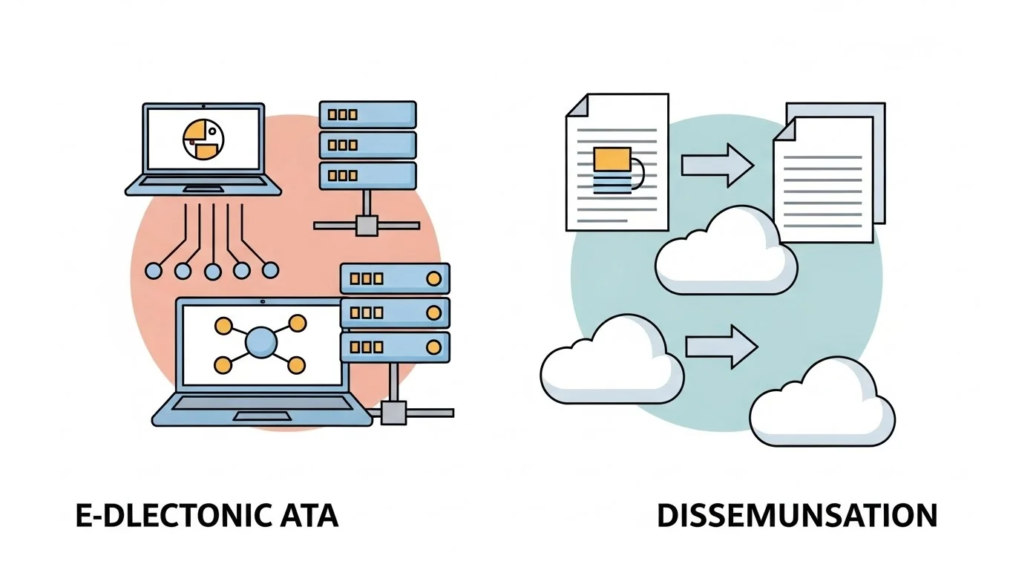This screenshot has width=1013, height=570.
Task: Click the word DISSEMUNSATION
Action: pyautogui.click(x=797, y=516)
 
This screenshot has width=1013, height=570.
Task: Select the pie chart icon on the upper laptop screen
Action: pyautogui.click(x=203, y=139)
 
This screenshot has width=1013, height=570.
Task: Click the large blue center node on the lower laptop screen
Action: pyautogui.click(x=260, y=343)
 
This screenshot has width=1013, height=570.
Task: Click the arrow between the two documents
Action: pyautogui.click(x=717, y=165)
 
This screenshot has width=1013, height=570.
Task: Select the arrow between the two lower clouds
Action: pyautogui.click(x=721, y=346)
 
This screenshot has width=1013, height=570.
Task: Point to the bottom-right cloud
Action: pyautogui.click(x=822, y=404)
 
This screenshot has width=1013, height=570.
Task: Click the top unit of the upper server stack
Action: pyautogui.click(x=367, y=115)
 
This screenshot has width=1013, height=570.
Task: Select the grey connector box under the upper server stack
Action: pyautogui.click(x=366, y=225)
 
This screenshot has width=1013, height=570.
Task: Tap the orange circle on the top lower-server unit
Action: pyautogui.click(x=433, y=278)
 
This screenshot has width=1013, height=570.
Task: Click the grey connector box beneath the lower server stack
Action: pyautogui.click(x=393, y=412)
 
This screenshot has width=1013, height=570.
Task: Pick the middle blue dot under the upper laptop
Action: pyautogui.click(x=212, y=272)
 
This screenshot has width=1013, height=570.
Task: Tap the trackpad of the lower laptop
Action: pyautogui.click(x=261, y=416)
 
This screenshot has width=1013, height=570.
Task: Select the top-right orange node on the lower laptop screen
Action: pyautogui.click(x=297, y=323)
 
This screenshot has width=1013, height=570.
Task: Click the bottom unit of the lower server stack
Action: pyautogui.click(x=395, y=347)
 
